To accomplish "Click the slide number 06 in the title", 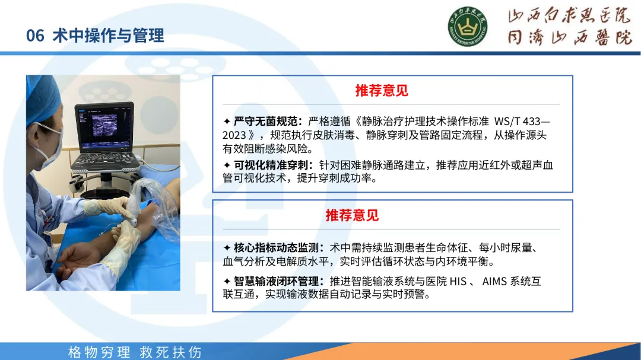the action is pyautogui.click(x=35, y=36).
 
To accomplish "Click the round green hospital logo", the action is pyautogui.click(x=467, y=27).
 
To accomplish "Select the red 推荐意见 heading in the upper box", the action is pyautogui.click(x=382, y=90).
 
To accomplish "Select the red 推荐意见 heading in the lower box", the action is pyautogui.click(x=352, y=215).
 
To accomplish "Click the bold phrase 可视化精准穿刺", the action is pyautogui.click(x=270, y=165).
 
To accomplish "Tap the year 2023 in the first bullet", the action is pyautogui.click(x=234, y=135).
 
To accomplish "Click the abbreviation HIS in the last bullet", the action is pyautogui.click(x=458, y=281).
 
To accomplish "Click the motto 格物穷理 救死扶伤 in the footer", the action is pyautogui.click(x=135, y=352).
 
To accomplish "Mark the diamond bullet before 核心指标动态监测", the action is pyautogui.click(x=227, y=248).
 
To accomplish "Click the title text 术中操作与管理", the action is pyautogui.click(x=109, y=36).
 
